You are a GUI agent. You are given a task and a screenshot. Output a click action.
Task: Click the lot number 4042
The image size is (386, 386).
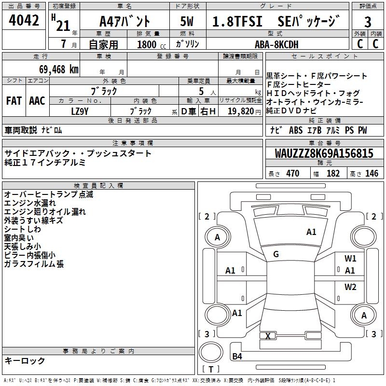[x=24, y=21]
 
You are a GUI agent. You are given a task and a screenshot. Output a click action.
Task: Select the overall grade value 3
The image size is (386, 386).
[x=368, y=22]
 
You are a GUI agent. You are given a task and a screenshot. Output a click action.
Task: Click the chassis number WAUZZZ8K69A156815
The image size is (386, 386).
[x=324, y=154]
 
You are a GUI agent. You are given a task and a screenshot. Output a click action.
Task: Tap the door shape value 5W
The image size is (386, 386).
[x=188, y=22]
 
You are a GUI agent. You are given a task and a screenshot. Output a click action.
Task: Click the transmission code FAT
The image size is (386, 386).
[x=14, y=101]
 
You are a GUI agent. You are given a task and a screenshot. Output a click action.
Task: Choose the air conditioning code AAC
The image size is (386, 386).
[x=37, y=101]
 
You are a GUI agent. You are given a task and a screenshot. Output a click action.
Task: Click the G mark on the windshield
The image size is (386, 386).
[x=276, y=254]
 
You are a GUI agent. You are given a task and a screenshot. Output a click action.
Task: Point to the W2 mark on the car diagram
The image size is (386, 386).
[x=350, y=287]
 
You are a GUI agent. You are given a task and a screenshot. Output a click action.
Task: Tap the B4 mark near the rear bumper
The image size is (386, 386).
[x=237, y=357]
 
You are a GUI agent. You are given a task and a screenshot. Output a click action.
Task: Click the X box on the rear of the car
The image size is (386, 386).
[x=268, y=336]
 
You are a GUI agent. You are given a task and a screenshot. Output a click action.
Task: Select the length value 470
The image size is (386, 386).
[x=292, y=174]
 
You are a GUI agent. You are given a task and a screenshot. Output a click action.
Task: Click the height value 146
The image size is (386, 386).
[x=372, y=174]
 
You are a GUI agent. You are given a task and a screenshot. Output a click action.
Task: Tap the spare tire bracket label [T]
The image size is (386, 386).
[x=210, y=370]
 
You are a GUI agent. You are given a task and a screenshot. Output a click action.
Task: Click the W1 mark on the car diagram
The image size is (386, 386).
[x=350, y=259]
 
